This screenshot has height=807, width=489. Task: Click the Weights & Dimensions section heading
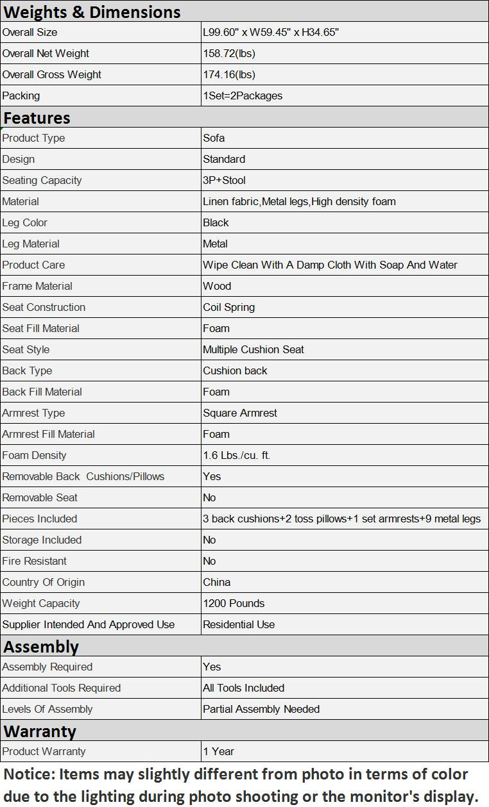[x=92, y=12]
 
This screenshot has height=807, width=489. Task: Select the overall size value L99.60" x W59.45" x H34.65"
[x=270, y=32]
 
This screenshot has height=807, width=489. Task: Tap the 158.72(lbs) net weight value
[x=229, y=53]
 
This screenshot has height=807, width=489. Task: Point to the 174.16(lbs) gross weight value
[x=229, y=74]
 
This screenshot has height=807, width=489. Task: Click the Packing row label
[x=21, y=96]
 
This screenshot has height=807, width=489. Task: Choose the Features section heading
[x=37, y=117]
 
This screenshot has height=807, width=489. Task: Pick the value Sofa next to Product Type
[x=214, y=138]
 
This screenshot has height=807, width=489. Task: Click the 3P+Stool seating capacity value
[x=224, y=180]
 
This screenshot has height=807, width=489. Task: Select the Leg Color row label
[x=25, y=222]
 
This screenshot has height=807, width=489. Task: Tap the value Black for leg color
[x=216, y=222]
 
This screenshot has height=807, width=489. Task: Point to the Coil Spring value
[x=228, y=307]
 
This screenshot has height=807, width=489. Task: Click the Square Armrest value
[x=240, y=413]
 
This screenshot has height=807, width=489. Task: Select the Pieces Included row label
[x=40, y=519]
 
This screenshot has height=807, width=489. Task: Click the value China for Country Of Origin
[x=216, y=582]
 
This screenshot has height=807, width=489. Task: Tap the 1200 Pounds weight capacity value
[x=234, y=603]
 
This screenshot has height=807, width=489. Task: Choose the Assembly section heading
[x=41, y=646]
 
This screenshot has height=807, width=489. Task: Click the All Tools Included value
[x=243, y=688]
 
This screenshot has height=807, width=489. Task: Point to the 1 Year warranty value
[x=218, y=751]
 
